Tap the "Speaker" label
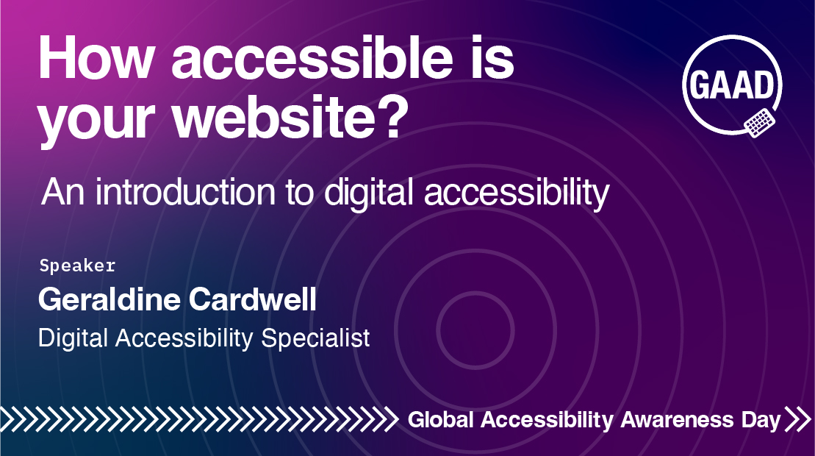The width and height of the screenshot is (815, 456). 77,266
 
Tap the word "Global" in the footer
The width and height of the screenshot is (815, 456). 441,420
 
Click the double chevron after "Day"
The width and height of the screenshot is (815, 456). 797,419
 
